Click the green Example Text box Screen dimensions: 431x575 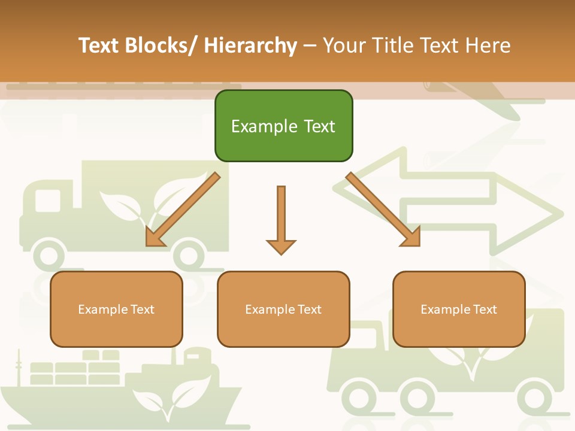coord(283,126)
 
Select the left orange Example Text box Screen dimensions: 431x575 coord(116,309)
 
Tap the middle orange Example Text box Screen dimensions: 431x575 coord(283,309)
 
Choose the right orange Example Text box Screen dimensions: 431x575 coord(459,309)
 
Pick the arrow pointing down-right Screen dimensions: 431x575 coord(383,210)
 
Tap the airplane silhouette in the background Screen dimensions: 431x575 coord(479,96)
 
